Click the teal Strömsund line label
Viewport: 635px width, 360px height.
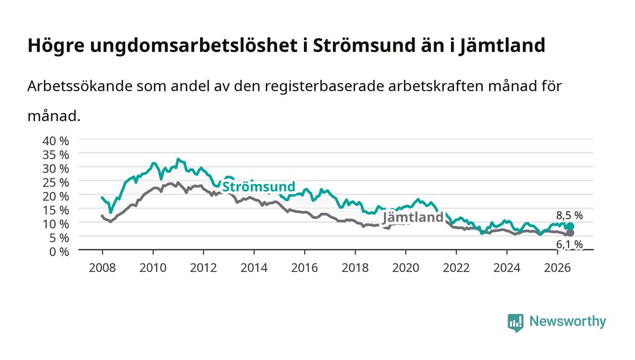pyautogui.click(x=259, y=187)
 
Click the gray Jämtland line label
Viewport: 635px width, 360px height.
pyautogui.click(x=413, y=218)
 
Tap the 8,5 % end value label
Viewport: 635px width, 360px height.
pyautogui.click(x=569, y=215)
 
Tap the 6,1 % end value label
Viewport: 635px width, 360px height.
pyautogui.click(x=569, y=244)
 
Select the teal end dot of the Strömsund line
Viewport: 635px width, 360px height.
pyautogui.click(x=571, y=226)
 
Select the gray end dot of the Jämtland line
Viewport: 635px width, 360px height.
pyautogui.click(x=571, y=233)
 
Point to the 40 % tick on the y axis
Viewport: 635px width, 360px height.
pyautogui.click(x=56, y=141)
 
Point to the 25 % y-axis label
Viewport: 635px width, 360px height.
pyautogui.click(x=56, y=183)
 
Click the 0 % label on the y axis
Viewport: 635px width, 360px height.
pyautogui.click(x=59, y=252)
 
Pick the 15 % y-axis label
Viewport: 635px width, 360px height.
pyautogui.click(x=56, y=210)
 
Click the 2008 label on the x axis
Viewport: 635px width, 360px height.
pyautogui.click(x=103, y=268)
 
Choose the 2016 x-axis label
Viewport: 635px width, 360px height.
pyautogui.click(x=304, y=268)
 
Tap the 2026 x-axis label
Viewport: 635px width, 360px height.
pyautogui.click(x=557, y=268)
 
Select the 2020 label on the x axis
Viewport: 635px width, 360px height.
pyautogui.click(x=405, y=268)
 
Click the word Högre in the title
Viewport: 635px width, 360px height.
pyautogui.click(x=56, y=46)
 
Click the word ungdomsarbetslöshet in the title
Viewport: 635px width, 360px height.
pyautogui.click(x=194, y=46)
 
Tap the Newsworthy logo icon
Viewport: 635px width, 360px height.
pyautogui.click(x=516, y=322)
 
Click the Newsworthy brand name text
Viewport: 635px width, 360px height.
pyautogui.click(x=568, y=321)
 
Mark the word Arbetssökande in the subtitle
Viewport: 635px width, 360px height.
pyautogui.click(x=80, y=86)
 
